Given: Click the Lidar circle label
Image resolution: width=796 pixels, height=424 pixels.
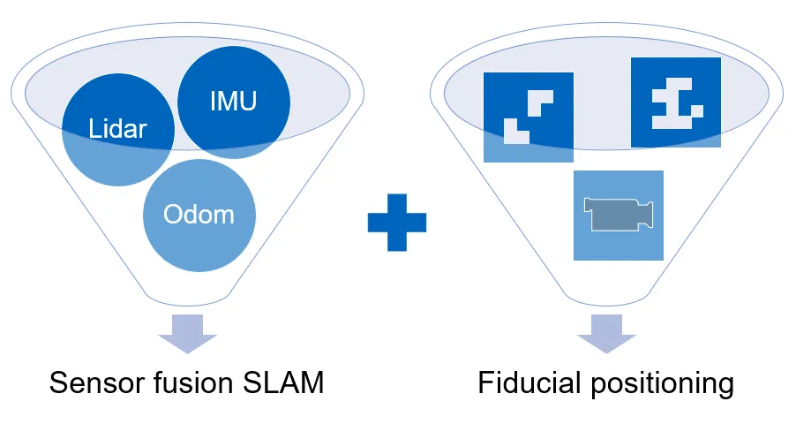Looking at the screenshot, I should point(117,129).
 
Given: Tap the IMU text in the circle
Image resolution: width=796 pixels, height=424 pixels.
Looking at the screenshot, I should point(233,101).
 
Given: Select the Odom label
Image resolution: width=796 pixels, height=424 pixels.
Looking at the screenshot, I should point(199,215).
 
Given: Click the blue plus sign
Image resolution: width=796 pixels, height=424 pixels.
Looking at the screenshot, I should point(397,222).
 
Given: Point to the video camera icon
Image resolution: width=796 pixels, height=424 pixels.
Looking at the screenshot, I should point(619,216).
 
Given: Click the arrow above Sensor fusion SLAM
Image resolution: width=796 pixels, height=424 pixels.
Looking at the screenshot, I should point(187,333).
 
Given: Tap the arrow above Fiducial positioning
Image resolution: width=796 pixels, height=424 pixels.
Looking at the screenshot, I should point(607,333).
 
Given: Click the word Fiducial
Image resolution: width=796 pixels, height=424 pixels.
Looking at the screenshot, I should point(529,383).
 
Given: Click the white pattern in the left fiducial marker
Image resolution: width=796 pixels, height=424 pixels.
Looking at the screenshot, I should point(528,118).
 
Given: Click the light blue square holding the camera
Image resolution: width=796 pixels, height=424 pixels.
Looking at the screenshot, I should point(618,243).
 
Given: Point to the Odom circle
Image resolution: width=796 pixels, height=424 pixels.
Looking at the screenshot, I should point(199,230).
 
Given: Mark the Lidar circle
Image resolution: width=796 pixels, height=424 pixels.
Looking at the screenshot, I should point(106,150).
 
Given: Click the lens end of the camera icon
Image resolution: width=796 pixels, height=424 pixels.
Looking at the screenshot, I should point(647,215).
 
